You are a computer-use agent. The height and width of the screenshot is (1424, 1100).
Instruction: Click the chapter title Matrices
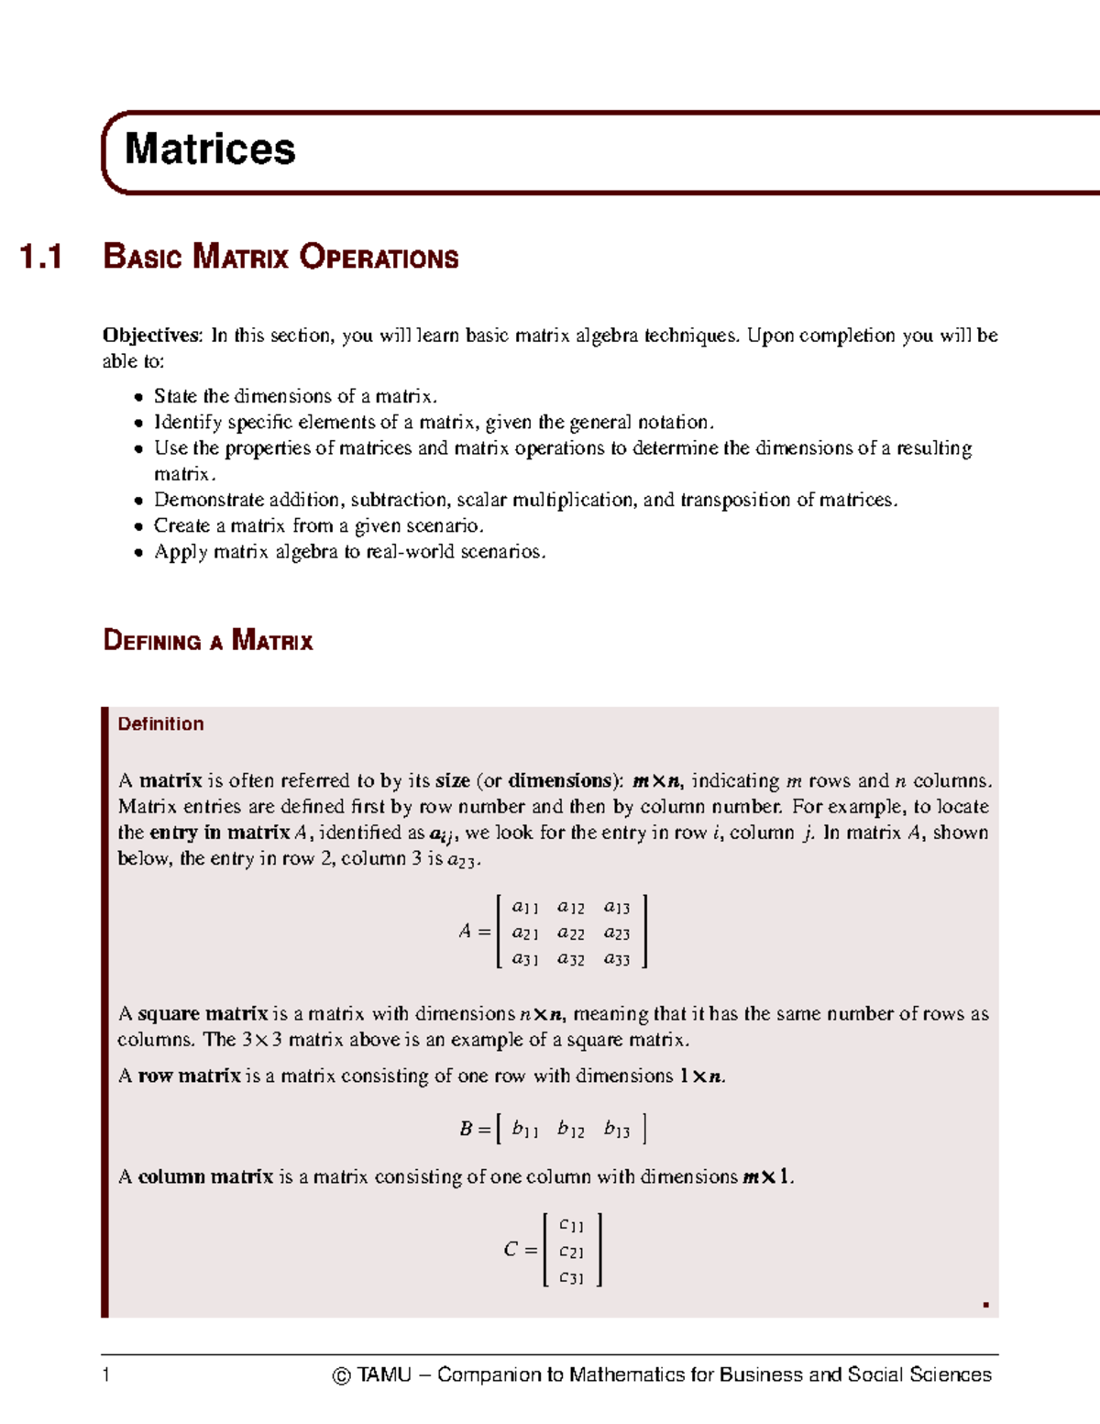tap(210, 149)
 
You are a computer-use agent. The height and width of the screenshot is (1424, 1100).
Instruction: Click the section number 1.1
tap(41, 257)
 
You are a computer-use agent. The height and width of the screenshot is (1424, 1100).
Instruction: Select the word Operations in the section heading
tap(379, 257)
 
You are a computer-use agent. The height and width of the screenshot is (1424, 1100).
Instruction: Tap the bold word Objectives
tap(151, 336)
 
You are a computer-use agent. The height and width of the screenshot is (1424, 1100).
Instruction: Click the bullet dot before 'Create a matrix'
tap(137, 527)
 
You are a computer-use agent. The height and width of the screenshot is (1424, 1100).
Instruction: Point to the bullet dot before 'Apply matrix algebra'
tap(137, 553)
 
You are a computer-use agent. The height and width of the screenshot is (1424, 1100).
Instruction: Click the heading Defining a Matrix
tap(208, 640)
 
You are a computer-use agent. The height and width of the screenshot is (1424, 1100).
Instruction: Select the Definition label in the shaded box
tap(160, 723)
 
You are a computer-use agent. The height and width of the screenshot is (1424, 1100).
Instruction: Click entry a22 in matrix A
tap(570, 933)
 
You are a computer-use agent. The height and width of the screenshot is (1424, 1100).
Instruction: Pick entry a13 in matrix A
tap(616, 908)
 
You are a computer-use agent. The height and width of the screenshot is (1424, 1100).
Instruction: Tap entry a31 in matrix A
tap(524, 959)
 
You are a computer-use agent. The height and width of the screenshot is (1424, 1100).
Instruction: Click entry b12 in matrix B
tap(570, 1130)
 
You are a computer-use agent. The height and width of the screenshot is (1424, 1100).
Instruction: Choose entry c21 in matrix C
tap(571, 1252)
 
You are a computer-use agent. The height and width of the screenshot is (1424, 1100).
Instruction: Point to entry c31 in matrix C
tap(571, 1277)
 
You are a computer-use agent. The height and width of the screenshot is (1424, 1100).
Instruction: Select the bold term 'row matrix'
tap(190, 1076)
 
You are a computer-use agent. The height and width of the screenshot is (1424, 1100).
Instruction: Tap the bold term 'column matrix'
tap(205, 1176)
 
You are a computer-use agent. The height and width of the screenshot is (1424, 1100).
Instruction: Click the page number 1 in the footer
tap(106, 1374)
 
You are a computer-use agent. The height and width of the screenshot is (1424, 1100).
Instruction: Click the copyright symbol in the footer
tap(341, 1375)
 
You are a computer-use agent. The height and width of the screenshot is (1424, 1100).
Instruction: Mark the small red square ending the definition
tap(985, 1305)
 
